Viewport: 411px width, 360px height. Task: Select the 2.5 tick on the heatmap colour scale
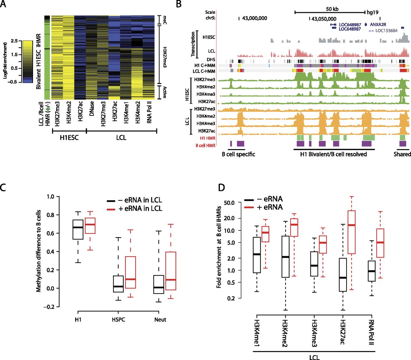pyautogui.click(x=14, y=41)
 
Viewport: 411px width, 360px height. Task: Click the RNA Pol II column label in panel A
pyautogui.click(x=149, y=112)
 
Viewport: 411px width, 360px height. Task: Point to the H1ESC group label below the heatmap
pyautogui.click(x=69, y=138)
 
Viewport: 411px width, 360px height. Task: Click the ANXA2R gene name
pyautogui.click(x=378, y=24)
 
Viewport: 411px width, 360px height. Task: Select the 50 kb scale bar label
pyautogui.click(x=332, y=9)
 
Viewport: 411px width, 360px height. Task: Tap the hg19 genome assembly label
pyautogui.click(x=372, y=13)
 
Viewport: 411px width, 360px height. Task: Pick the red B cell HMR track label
pyautogui.click(x=205, y=146)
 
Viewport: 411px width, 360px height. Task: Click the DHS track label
pyautogui.click(x=211, y=60)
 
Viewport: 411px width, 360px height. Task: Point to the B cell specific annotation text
pyautogui.click(x=238, y=154)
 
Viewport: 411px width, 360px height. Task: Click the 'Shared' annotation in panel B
pyautogui.click(x=402, y=154)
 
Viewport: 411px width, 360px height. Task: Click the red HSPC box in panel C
pyautogui.click(x=130, y=272)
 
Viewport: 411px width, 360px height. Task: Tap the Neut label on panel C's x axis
pyautogui.click(x=160, y=319)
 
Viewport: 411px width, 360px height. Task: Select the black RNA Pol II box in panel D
pyautogui.click(x=372, y=271)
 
